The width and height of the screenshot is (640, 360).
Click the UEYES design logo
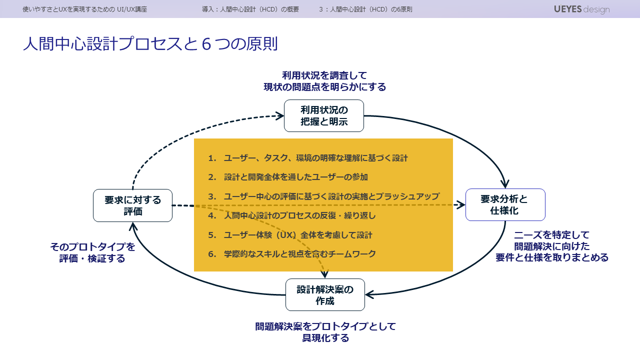click(581, 9)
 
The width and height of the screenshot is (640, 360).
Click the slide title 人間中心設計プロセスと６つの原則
click(150, 44)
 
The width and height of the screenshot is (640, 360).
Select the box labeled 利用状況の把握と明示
click(324, 115)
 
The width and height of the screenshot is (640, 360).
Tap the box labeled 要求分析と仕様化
click(505, 205)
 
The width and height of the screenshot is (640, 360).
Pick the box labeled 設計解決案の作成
click(325, 295)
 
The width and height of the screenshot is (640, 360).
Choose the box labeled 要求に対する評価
click(132, 205)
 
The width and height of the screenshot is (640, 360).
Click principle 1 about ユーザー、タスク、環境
click(315, 158)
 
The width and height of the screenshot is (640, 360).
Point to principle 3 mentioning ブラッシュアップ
click(331, 196)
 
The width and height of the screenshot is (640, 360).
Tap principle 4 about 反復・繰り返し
click(299, 215)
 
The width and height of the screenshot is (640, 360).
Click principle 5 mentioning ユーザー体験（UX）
click(297, 235)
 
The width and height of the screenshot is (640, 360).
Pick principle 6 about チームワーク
click(299, 254)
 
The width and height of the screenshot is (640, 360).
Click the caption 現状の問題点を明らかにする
click(325, 87)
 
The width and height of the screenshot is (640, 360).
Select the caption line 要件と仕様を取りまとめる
click(552, 257)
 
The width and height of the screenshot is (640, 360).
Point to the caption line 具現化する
click(325, 338)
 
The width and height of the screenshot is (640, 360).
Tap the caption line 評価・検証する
click(92, 258)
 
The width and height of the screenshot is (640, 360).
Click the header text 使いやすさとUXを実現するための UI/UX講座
click(85, 9)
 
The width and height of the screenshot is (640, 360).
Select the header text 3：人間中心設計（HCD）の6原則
click(365, 9)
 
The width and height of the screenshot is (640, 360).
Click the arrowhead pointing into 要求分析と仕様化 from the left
click(460, 204)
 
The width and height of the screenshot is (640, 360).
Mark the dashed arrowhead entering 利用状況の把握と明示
click(280, 116)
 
